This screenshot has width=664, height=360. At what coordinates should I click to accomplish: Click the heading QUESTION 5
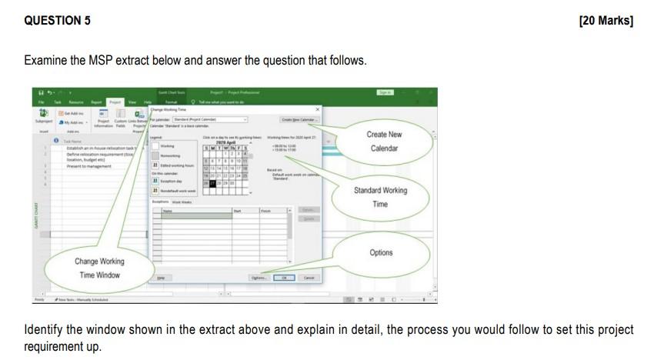pos(58,21)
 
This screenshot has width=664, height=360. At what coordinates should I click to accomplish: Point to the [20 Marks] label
pos(606,21)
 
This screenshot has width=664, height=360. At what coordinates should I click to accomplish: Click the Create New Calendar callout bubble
pos(384,141)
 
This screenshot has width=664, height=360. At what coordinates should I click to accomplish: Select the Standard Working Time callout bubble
pos(380,196)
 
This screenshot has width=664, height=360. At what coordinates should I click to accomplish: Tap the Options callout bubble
pos(381,252)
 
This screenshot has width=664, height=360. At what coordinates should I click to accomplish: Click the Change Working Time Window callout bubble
pos(98,268)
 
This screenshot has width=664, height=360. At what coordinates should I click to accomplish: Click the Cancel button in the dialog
pos(309,278)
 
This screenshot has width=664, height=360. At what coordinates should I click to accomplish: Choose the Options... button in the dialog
pos(259,278)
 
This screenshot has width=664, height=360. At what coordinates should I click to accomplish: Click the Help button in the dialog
pos(161,278)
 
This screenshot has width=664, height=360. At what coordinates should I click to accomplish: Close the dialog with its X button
pos(318,109)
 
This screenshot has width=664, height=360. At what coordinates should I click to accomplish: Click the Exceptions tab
pos(160,202)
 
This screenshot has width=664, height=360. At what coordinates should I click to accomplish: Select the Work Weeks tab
pos(182,202)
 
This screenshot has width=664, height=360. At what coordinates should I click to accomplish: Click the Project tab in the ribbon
pos(115,102)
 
